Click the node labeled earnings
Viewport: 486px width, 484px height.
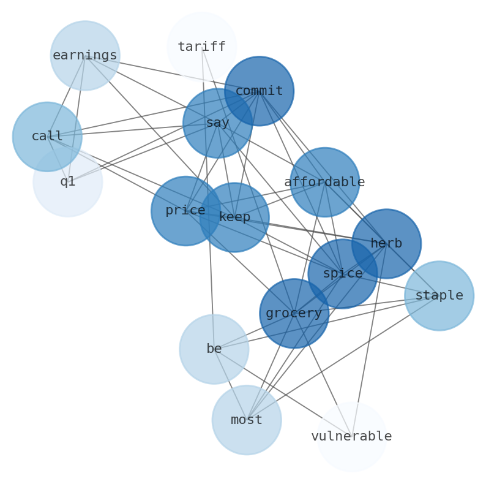coord(85,56)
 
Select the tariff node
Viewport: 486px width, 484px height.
coord(201,47)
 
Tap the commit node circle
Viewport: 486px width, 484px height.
coord(259,91)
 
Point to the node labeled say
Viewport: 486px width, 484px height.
coord(217,123)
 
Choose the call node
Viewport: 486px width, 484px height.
coord(47,137)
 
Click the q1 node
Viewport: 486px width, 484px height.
coord(67,182)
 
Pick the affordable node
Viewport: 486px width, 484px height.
coord(324,182)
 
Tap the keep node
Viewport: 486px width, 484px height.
coord(234,217)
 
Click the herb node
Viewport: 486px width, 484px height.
coord(386,244)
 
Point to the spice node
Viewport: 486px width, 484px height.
coord(343,274)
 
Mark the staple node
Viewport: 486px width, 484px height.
coord(439,296)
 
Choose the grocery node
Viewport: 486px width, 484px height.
coord(294,314)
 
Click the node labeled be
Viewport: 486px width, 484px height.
coord(214,349)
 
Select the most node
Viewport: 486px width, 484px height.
coord(247,420)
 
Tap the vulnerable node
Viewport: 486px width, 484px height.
coord(351,437)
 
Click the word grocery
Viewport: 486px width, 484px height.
coord(294,314)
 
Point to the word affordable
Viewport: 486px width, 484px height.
coord(324,182)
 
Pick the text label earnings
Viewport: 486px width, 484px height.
coord(85,56)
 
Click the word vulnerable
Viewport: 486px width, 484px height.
coord(351,437)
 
